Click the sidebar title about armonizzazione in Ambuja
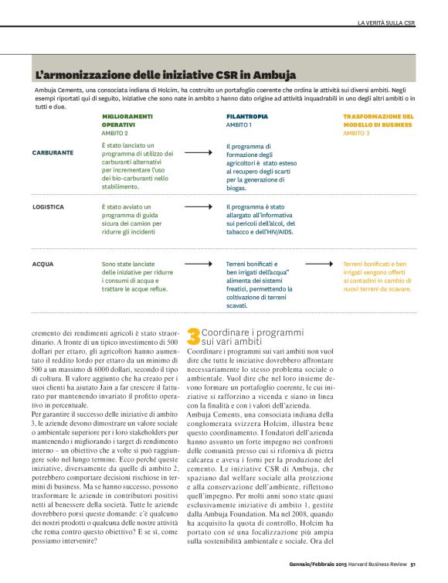153,76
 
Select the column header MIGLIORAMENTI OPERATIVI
128,120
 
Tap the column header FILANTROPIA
243,116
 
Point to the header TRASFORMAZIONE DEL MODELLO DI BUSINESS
378,120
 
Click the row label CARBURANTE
53,152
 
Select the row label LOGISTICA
49,207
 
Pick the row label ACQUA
43,264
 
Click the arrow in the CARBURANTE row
199,152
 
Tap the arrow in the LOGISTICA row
199,207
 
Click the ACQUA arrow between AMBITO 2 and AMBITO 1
199,264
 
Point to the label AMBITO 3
356,133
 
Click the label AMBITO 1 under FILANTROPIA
239,124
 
